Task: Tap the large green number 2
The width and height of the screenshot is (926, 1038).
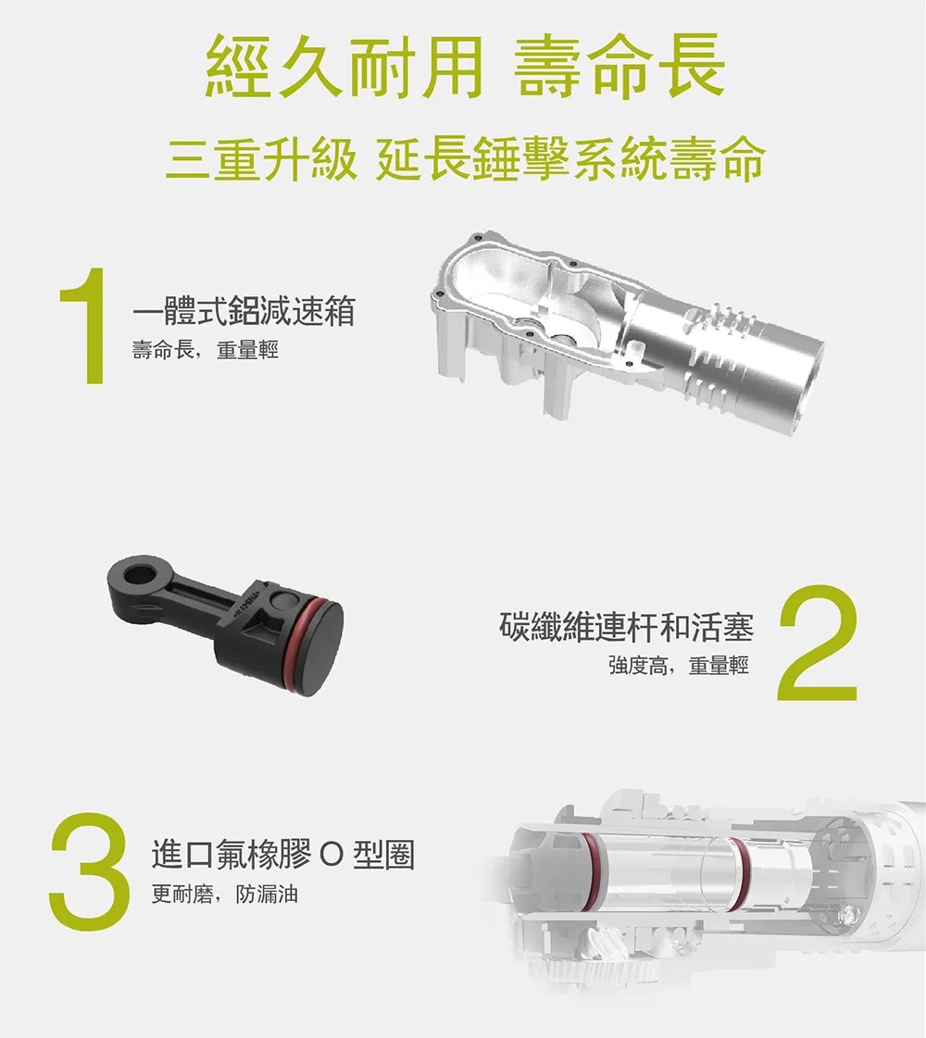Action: (x=818, y=643)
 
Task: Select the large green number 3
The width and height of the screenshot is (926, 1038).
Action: (x=89, y=871)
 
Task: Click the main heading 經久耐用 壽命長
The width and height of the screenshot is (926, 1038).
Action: (x=466, y=67)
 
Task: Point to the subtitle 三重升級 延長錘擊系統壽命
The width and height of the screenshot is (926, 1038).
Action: (x=466, y=159)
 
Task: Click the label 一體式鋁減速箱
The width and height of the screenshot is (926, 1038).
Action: (x=244, y=310)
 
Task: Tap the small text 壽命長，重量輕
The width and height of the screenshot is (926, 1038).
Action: (x=206, y=349)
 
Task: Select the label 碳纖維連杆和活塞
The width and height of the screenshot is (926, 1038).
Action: (x=627, y=627)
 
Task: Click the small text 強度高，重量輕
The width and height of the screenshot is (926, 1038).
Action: (x=679, y=665)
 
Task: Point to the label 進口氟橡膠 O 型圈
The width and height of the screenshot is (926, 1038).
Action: (x=282, y=854)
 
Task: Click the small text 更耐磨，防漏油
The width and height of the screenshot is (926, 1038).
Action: (x=224, y=894)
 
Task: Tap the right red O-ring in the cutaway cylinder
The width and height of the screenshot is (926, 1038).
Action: (x=741, y=872)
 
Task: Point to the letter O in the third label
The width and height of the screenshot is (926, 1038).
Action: (x=332, y=856)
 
